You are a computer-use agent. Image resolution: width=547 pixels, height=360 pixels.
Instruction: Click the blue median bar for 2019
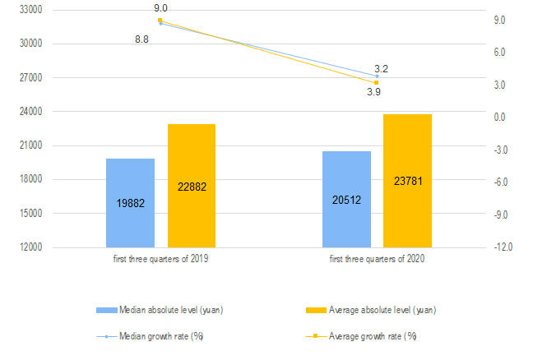[130, 202]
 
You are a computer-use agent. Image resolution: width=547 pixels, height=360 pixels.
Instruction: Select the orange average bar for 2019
[192, 186]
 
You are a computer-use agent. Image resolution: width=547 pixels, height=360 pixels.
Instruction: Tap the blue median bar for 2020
[346, 199]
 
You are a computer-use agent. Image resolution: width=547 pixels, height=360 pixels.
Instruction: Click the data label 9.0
[161, 8]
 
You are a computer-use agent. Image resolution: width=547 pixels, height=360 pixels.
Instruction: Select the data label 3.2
[381, 68]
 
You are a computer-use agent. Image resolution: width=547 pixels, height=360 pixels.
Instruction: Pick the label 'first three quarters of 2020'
[377, 260]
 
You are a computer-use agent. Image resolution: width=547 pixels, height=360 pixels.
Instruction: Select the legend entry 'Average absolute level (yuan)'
[382, 310]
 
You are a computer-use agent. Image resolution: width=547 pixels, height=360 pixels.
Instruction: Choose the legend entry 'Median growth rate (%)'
[160, 336]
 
